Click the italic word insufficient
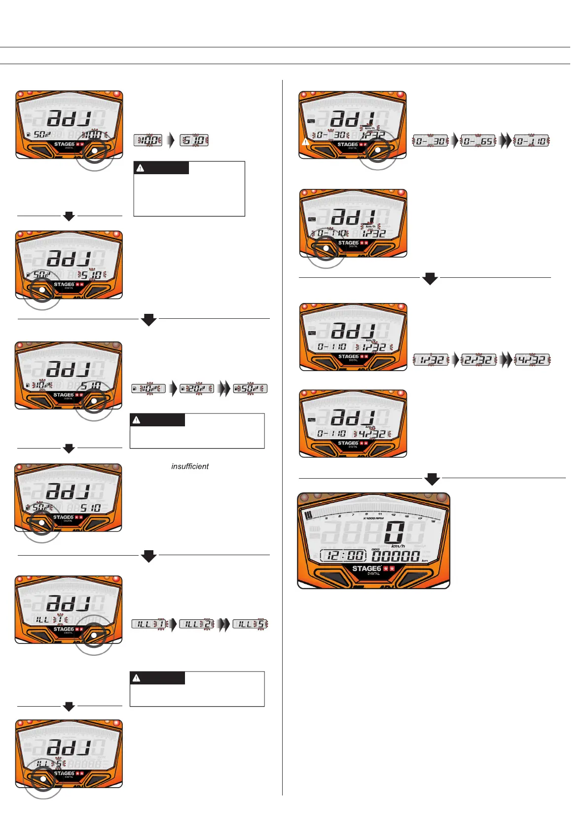190,466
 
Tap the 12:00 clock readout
343,556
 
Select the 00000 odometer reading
396,557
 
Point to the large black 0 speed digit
396,532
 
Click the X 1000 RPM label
373,518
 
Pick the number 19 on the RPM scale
433,521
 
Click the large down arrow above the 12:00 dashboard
432,479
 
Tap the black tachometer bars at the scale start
309,516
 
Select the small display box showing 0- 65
479,142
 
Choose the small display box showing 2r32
478,360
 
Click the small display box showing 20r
197,389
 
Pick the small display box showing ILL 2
197,624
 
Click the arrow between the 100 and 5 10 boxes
171,140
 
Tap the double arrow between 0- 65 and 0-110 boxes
505,141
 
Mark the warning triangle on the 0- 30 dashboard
306,142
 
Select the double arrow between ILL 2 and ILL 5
224,624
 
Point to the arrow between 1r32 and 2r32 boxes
456,360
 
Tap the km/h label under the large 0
398,546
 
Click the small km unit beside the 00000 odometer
425,561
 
